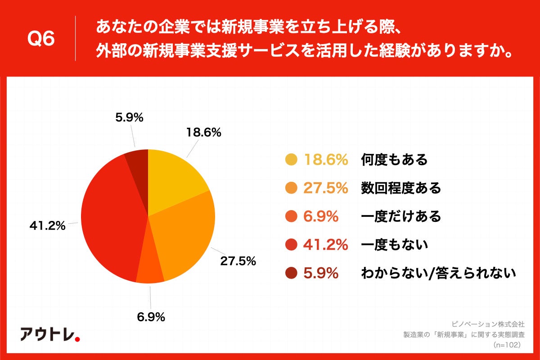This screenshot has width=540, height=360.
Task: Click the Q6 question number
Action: pyautogui.click(x=41, y=39)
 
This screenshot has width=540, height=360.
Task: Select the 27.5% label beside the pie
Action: pyautogui.click(x=238, y=261)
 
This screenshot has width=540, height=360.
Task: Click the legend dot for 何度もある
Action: pyautogui.click(x=292, y=160)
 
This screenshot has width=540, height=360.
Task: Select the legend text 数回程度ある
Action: pyautogui.click(x=401, y=188)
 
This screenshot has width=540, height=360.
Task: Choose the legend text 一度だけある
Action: pyautogui.click(x=401, y=216)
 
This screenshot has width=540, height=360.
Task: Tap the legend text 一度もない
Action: pyautogui.click(x=394, y=245)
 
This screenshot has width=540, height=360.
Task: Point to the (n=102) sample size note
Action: pyautogui.click(x=507, y=344)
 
